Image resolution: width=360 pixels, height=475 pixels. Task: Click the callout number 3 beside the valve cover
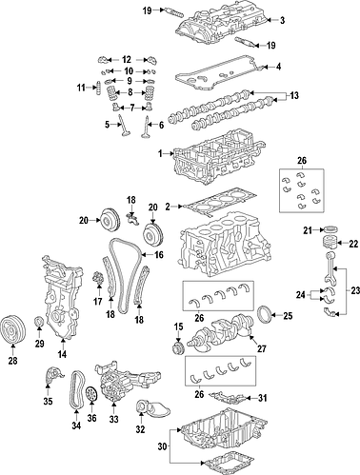click(281, 20)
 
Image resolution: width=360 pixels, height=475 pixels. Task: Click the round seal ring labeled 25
click(266, 314)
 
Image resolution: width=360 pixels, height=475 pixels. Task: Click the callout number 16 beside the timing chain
click(160, 255)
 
